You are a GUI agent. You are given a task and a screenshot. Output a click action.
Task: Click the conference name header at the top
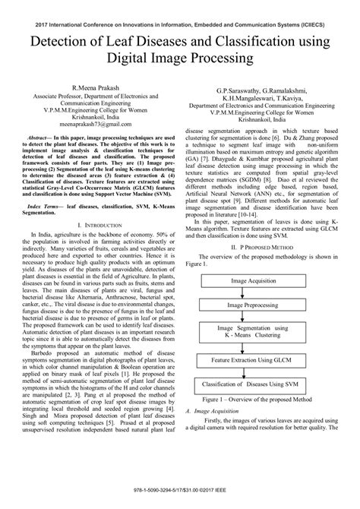180,13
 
